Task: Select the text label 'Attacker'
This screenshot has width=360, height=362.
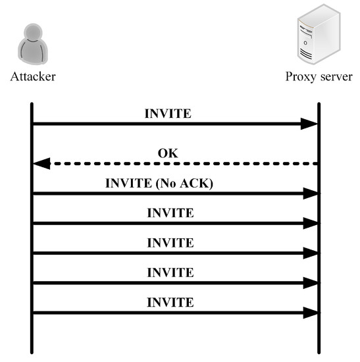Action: pos(33,77)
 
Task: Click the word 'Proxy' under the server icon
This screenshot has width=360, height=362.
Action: pos(300,77)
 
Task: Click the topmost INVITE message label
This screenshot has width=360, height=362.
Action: pos(168,113)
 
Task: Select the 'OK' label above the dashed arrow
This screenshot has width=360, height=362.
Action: pos(168,154)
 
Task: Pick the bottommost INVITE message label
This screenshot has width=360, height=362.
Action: pos(170,302)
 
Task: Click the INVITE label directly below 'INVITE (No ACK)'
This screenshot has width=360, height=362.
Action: pos(170,213)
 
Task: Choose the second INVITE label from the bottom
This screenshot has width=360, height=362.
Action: pos(170,272)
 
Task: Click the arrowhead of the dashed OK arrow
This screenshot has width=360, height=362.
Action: pos(41,163)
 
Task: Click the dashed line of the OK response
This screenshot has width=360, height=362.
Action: pos(178,163)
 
